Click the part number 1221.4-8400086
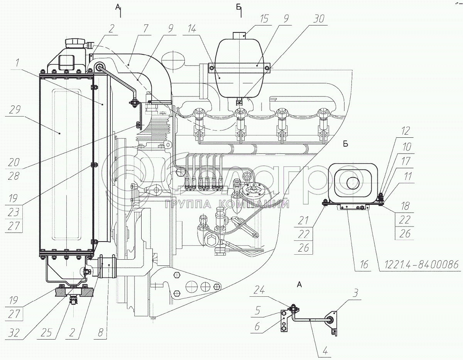[x=422, y=264]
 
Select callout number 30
[x=319, y=19]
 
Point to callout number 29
[x=15, y=110]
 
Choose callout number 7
[x=145, y=28]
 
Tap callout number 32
[x=14, y=333]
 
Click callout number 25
[x=46, y=333]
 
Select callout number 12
[x=405, y=131]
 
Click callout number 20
[x=14, y=162]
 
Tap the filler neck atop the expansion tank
[x=239, y=35]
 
